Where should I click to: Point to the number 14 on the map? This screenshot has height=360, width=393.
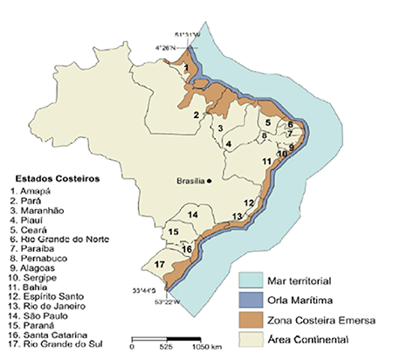194,214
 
